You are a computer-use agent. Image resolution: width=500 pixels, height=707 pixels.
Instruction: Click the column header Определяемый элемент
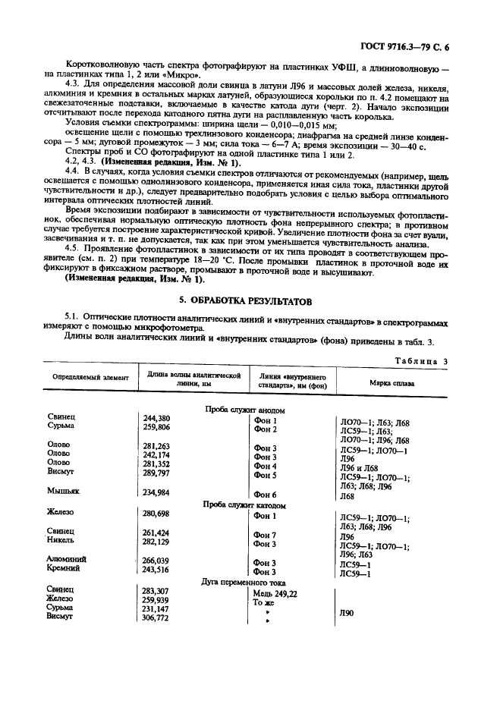pyautogui.click(x=90, y=377)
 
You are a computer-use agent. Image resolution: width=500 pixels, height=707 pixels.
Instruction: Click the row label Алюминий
pyautogui.click(x=67, y=559)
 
